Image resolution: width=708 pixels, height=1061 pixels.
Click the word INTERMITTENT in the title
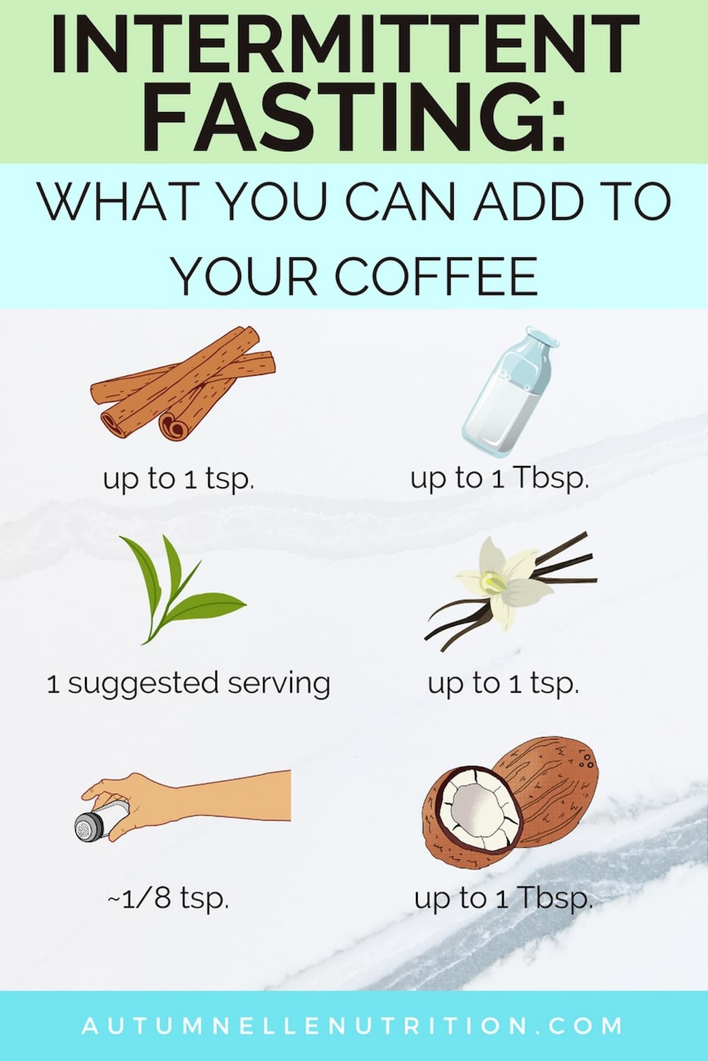[345, 46]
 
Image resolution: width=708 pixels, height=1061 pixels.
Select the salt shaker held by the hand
[94, 823]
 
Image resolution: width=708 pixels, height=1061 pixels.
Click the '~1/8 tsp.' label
[168, 898]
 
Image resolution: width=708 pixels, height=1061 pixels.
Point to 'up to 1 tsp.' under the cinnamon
[179, 479]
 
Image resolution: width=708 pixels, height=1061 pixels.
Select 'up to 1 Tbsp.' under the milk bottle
[500, 479]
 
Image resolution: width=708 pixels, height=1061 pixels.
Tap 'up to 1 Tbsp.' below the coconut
[503, 898]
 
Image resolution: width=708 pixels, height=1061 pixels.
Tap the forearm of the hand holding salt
[236, 796]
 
